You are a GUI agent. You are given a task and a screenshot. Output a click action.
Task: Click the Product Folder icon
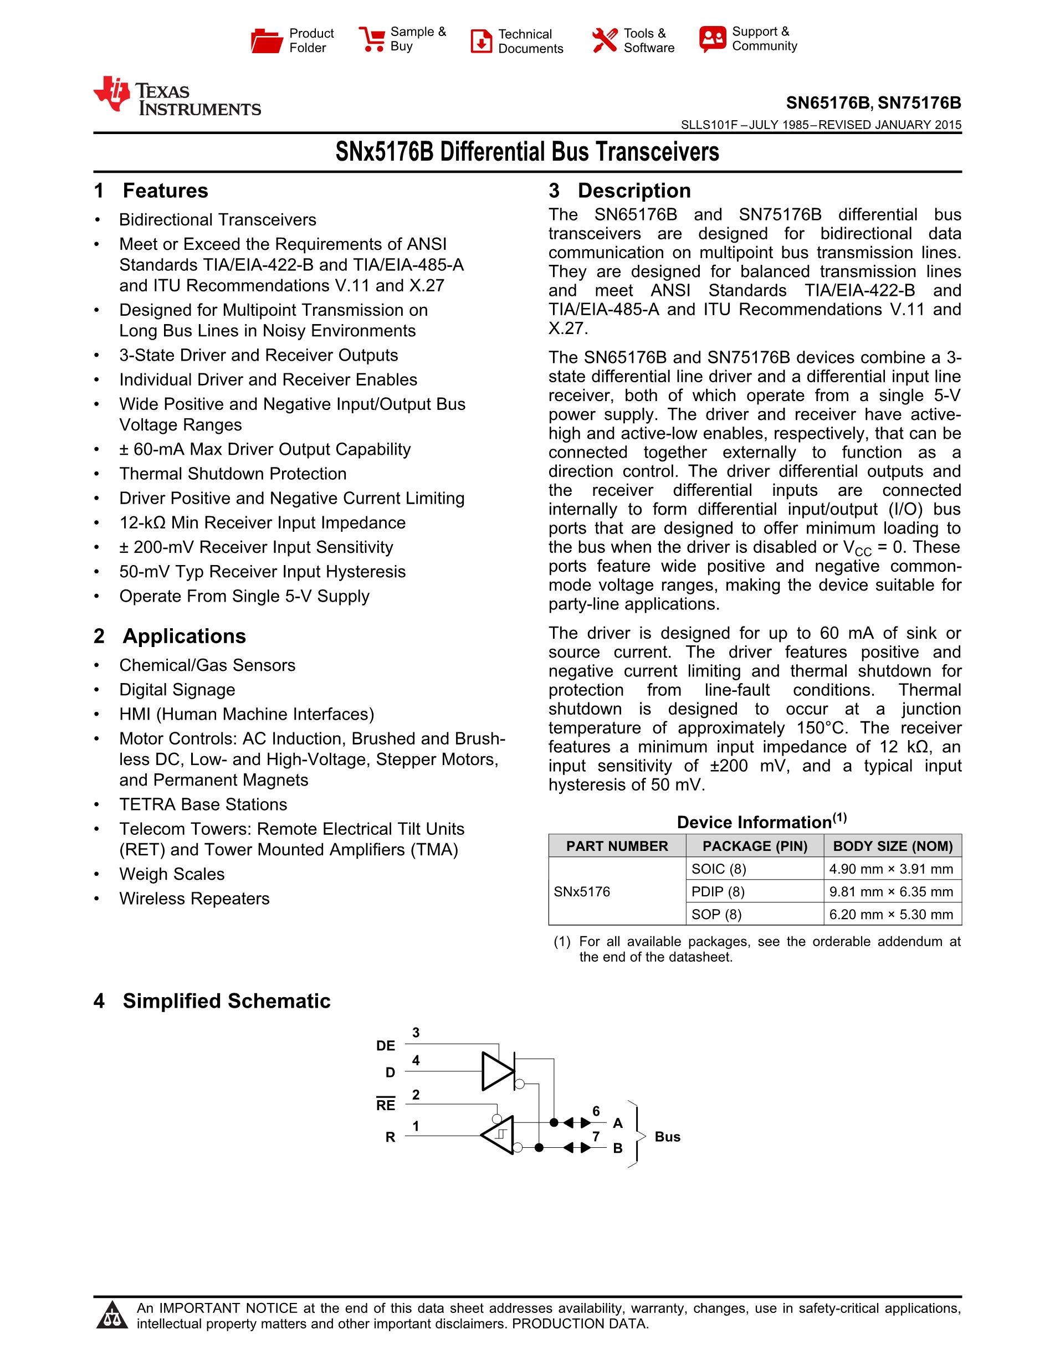(x=267, y=40)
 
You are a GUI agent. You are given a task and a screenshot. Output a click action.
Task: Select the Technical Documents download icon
(x=480, y=41)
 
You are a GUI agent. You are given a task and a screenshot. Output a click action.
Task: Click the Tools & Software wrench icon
(x=605, y=40)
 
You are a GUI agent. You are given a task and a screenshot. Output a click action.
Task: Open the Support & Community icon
(x=713, y=39)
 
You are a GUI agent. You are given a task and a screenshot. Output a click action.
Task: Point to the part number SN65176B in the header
(x=827, y=103)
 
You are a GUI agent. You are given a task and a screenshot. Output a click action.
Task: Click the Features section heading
(x=165, y=191)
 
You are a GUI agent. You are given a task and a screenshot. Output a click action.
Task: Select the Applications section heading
(x=184, y=637)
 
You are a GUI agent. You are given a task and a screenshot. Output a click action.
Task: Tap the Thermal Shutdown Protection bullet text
(x=233, y=474)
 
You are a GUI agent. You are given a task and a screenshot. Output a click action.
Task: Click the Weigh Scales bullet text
(x=172, y=874)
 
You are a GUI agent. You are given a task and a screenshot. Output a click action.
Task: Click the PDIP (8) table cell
(x=718, y=891)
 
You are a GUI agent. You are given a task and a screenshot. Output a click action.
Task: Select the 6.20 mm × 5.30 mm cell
(x=890, y=915)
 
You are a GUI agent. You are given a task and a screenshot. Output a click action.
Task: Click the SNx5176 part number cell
(x=582, y=891)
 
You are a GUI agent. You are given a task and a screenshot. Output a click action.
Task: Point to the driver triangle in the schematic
(x=496, y=1071)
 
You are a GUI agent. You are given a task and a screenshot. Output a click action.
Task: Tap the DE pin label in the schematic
(x=386, y=1045)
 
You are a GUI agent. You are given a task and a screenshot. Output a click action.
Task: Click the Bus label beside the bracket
(x=667, y=1137)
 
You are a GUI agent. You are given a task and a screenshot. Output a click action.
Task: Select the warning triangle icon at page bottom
(x=112, y=1315)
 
